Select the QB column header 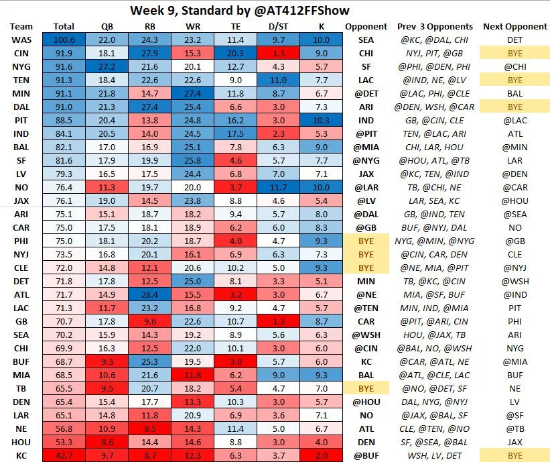point(107,27)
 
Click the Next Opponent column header point(514,27)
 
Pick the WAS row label point(20,40)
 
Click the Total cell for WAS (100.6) point(64,40)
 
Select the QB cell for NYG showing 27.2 point(107,66)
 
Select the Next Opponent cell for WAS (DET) point(514,40)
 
